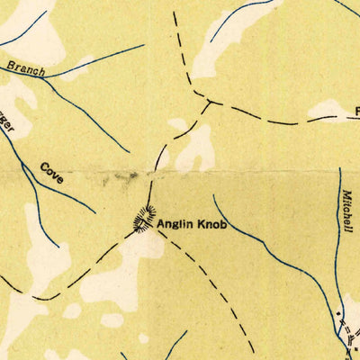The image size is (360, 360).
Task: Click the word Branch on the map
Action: (x=21, y=67)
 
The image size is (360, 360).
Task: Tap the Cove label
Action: (x=51, y=173)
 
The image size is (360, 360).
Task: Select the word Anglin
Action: (x=175, y=223)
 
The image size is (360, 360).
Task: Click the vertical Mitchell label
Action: (x=346, y=211)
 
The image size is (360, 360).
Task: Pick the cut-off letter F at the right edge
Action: (x=356, y=112)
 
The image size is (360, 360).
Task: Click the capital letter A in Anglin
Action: (x=161, y=223)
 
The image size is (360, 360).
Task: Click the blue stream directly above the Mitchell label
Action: (x=342, y=175)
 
